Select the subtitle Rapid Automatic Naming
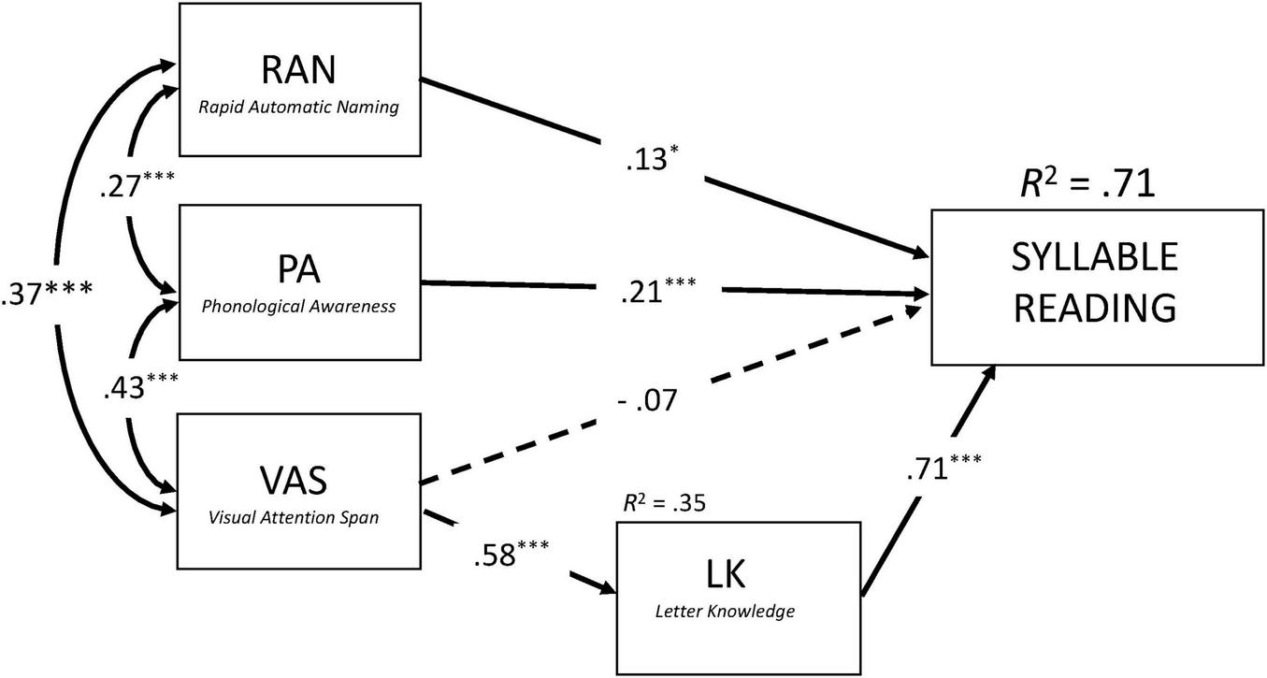tap(298, 108)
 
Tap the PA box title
tap(298, 268)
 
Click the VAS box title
tap(298, 478)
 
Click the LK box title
tap(737, 574)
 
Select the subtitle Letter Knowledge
tap(737, 612)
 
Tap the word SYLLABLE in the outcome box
tap(1095, 257)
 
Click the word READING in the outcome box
tap(1095, 307)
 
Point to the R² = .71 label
tap(1087, 182)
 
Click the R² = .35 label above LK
tap(664, 503)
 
